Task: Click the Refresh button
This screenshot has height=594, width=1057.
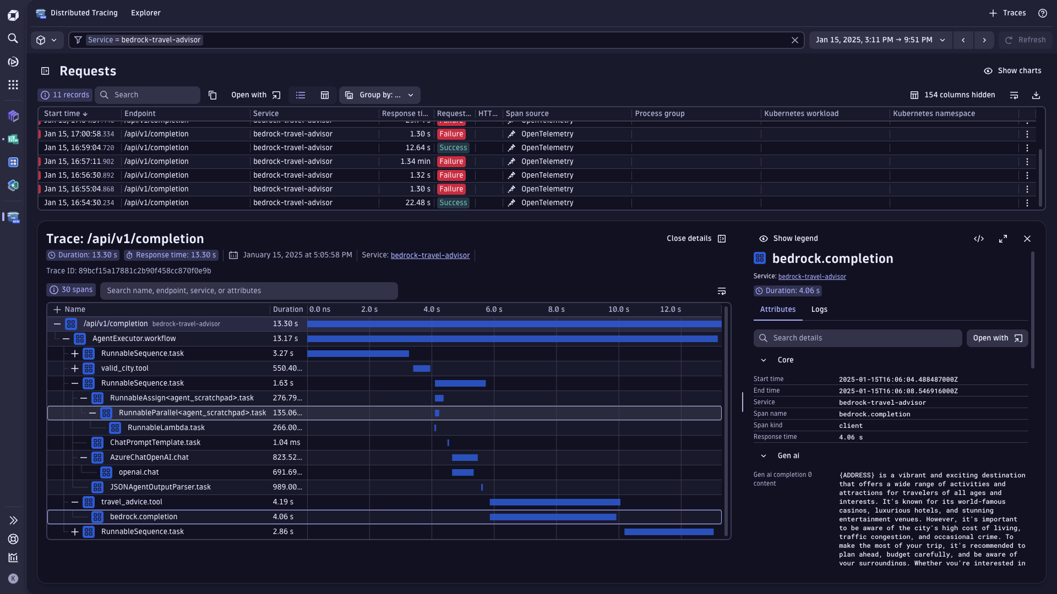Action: point(1025,40)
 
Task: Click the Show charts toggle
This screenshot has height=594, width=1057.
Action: point(1012,71)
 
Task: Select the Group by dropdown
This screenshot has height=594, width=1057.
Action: point(379,95)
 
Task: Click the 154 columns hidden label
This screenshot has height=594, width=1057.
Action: point(959,95)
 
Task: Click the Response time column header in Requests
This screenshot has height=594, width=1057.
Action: point(405,114)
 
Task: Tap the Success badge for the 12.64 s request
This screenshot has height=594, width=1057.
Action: point(453,148)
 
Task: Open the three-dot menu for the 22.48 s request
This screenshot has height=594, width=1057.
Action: point(1027,203)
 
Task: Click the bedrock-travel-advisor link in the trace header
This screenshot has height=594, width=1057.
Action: point(430,256)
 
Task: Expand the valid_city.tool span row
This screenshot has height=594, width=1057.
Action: point(75,369)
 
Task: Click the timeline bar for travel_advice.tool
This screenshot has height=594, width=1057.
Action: point(554,502)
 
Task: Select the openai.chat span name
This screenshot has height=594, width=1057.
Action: point(139,472)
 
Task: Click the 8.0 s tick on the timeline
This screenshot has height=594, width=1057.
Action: point(556,310)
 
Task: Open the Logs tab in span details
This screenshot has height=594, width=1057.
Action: point(819,310)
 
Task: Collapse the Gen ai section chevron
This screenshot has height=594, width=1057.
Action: point(763,456)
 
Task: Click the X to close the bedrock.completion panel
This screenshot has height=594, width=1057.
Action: point(1027,239)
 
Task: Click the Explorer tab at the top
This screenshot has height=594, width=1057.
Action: point(145,13)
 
